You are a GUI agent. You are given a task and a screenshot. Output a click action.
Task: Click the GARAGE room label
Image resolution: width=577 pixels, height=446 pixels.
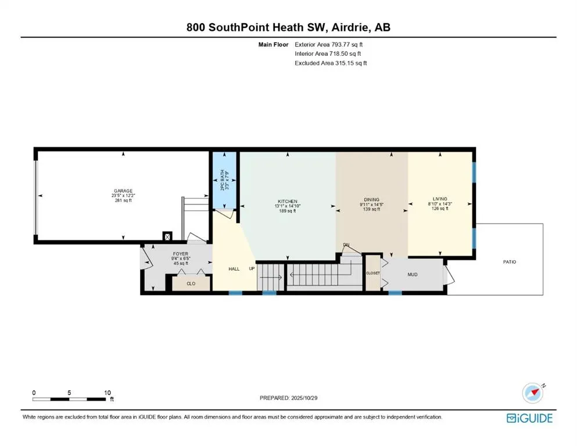pos(123,191)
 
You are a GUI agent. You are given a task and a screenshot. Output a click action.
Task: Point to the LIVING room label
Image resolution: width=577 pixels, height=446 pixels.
pos(439,199)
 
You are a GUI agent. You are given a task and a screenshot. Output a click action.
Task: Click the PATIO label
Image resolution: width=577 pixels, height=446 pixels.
pos(509,262)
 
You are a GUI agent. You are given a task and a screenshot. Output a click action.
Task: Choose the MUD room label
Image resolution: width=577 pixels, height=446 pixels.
pos(412,275)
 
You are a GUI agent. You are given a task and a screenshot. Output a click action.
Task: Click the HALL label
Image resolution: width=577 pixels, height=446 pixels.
pos(234,269)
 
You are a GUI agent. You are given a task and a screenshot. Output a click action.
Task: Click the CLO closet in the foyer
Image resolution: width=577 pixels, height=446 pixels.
pos(191,284)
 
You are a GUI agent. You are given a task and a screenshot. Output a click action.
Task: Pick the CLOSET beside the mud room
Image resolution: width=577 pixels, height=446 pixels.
pos(372,272)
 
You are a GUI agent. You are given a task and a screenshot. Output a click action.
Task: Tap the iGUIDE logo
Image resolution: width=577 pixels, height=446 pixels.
pos(529,418)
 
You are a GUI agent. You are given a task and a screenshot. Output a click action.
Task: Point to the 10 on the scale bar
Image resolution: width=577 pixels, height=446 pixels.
pos(107,393)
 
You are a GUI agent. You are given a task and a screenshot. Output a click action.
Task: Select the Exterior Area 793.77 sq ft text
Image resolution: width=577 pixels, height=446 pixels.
pos(331,44)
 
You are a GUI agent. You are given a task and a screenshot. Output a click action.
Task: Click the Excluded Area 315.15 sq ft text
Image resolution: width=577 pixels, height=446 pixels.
pos(331,63)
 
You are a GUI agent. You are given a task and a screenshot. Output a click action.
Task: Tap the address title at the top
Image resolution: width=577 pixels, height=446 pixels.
pos(288,27)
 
